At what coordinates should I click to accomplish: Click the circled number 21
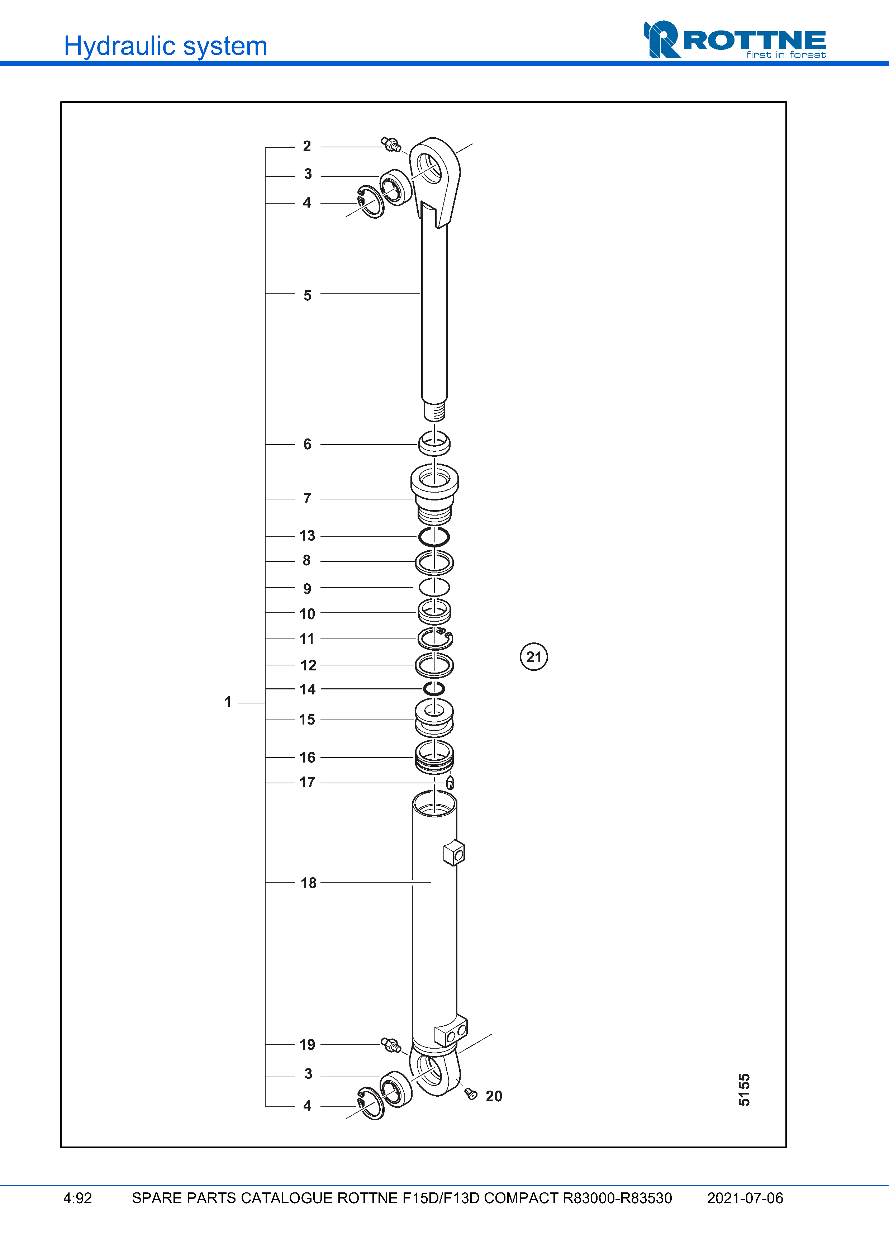tap(533, 656)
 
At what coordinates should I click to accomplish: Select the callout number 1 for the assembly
tap(228, 702)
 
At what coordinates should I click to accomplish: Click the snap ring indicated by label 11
tap(435, 638)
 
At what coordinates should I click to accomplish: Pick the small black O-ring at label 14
tap(434, 688)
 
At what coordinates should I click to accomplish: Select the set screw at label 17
tap(450, 782)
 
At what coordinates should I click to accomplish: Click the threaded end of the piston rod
tap(434, 411)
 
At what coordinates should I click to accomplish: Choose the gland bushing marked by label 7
tap(434, 493)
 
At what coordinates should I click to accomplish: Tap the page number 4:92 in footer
tap(78, 1198)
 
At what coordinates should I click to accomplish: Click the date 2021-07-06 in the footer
tap(745, 1198)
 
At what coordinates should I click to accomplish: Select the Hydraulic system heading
tap(165, 46)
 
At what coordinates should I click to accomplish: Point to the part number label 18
tap(308, 883)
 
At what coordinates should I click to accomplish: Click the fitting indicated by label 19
tap(390, 1044)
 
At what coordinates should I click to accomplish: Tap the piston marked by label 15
tap(434, 718)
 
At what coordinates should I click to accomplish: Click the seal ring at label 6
tap(434, 444)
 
